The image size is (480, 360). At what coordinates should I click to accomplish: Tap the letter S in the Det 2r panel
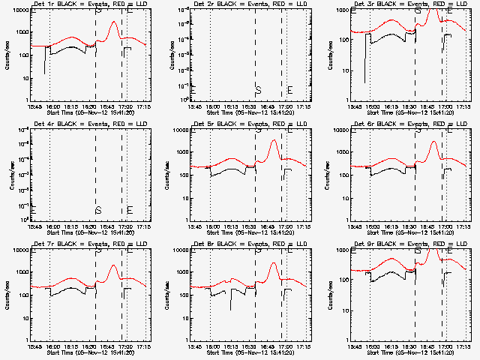click(x=258, y=90)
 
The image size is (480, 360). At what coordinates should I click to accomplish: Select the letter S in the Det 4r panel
click(x=98, y=209)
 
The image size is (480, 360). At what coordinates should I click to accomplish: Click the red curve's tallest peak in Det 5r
click(x=274, y=140)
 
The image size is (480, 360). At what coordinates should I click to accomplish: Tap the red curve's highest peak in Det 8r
click(x=274, y=263)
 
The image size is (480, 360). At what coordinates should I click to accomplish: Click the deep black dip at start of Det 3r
click(x=365, y=81)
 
